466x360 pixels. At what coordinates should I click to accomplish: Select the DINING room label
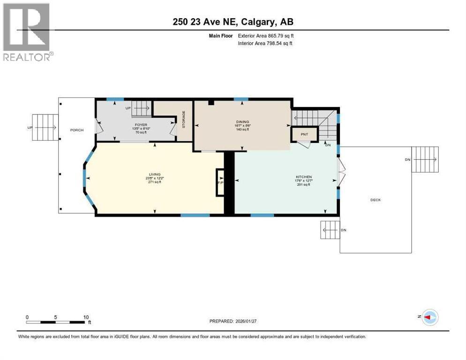[x=242, y=122]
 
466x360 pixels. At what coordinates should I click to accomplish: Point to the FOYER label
[x=140, y=125]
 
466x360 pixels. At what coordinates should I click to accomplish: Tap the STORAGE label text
[x=184, y=120]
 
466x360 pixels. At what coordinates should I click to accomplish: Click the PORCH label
[x=77, y=130]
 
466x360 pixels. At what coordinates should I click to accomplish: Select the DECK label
[x=376, y=200]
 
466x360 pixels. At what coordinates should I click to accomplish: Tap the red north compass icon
[x=429, y=317]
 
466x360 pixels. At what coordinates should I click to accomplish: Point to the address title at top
[x=233, y=22]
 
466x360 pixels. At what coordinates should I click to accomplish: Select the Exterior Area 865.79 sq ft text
[x=266, y=36]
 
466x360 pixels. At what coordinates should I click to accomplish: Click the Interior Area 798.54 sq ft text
[x=266, y=44]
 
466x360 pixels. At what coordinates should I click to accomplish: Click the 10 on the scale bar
[x=86, y=317]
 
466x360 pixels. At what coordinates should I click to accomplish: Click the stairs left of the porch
[x=45, y=127]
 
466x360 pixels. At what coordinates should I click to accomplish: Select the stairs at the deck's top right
[x=426, y=159]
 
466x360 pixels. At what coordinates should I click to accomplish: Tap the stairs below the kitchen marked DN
[x=330, y=230]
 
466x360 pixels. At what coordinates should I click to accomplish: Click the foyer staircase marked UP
[x=140, y=108]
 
